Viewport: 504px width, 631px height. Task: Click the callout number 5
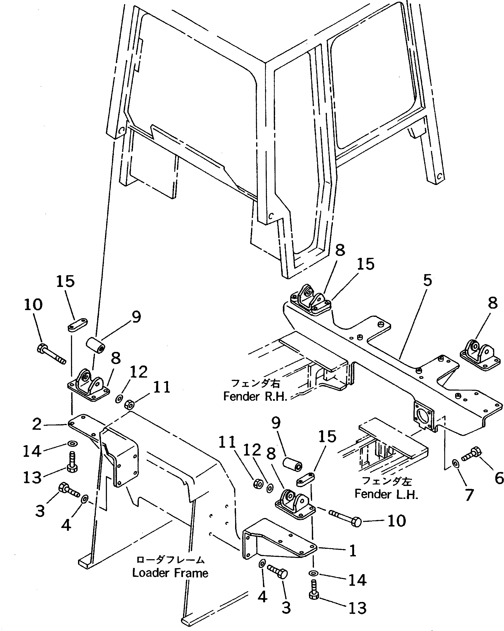[x=427, y=280]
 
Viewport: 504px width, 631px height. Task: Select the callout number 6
[x=499, y=478]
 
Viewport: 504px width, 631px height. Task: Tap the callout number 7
[x=469, y=495]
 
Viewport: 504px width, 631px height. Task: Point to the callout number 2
[x=37, y=424]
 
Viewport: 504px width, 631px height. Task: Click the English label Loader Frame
[x=170, y=573]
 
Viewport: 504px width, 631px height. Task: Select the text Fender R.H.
[x=255, y=396]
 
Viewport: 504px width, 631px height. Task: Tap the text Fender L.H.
[x=386, y=494]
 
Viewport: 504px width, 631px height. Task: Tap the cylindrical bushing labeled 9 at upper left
[x=96, y=345]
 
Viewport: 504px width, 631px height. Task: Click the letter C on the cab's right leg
[x=439, y=176]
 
